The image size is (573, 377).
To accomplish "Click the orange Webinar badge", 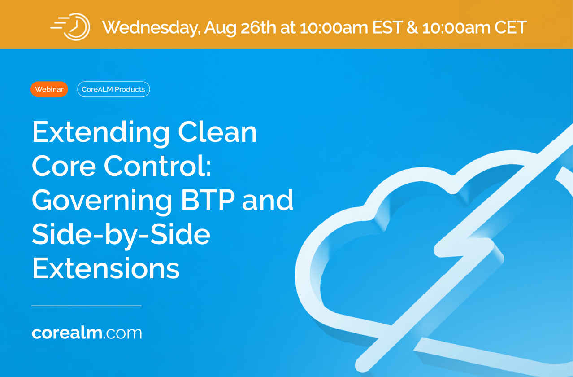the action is coord(49,89).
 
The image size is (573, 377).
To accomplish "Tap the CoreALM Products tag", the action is coord(113,89).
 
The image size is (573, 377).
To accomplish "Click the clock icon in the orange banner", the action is coord(70,27).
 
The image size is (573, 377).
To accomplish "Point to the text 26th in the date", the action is coord(258,27).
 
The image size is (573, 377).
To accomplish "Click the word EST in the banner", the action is coord(387,27).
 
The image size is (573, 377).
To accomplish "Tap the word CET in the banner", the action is coord(510,27).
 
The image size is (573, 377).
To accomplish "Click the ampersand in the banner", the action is coord(412,27).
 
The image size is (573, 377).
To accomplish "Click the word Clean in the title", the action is coord(217,132).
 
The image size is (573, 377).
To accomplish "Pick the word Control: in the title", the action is coord(157,166).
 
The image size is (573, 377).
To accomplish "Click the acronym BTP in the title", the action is coord(208,200).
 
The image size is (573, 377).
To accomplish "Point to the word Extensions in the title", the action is coord(106,268).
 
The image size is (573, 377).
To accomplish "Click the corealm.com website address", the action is coord(87,333).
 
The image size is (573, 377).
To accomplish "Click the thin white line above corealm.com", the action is coord(87,306).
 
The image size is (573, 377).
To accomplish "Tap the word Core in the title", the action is coord(64,166).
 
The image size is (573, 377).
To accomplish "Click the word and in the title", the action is coord(268,200).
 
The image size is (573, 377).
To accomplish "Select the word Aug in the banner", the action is coord(220,28).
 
